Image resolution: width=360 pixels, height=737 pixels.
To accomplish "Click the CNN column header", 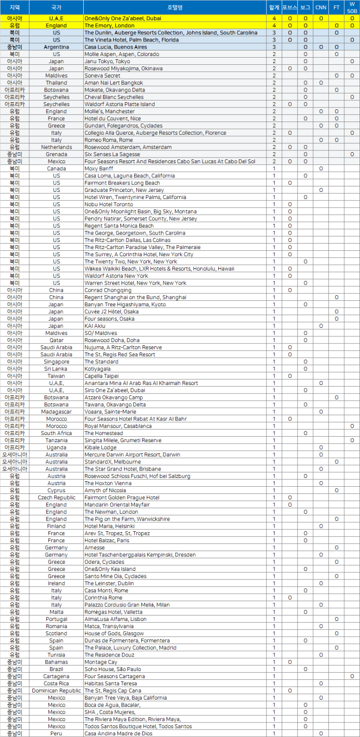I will click(x=321, y=7).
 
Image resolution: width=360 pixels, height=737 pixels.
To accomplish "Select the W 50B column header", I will click(x=352, y=7).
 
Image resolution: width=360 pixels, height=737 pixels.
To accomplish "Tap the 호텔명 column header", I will click(x=175, y=7).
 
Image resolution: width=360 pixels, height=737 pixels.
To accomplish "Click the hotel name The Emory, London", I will click(x=109, y=26).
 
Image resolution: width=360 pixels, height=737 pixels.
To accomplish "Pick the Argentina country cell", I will click(x=56, y=47).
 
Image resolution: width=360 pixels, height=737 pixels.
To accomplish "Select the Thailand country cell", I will click(x=56, y=83).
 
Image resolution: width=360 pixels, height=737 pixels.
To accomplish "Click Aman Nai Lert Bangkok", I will click(x=114, y=83).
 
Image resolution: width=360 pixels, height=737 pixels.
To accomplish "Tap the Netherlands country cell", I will click(x=56, y=147).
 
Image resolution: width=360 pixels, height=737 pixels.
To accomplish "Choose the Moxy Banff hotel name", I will click(x=99, y=168).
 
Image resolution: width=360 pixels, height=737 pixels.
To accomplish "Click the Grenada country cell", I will click(x=56, y=154).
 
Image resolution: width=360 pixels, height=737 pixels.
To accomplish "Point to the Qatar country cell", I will click(x=56, y=340).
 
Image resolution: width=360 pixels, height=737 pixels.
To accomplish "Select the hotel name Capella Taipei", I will click(x=102, y=376).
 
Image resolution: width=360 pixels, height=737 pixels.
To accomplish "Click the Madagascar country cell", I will click(x=56, y=411).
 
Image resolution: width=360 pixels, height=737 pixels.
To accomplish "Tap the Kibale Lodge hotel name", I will click(x=100, y=448).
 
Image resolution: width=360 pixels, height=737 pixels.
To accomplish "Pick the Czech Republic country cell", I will click(x=56, y=497).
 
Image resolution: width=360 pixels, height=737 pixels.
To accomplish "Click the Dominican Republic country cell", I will click(x=56, y=691).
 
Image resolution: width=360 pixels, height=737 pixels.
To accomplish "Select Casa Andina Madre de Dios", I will click(x=118, y=733).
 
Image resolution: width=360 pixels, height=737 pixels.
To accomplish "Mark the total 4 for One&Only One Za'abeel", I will click(x=274, y=18).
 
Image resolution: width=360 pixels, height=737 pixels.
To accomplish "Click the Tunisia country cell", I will click(x=56, y=655).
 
